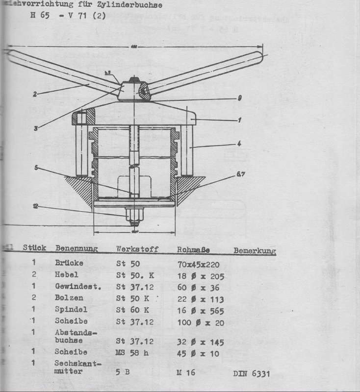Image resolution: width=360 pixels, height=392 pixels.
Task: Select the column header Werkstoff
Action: click(137, 249)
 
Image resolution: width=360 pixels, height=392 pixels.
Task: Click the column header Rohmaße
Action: click(193, 250)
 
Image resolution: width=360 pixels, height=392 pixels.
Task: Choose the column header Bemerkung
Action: click(255, 251)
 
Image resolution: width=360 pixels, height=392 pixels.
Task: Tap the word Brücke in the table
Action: click(69, 263)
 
